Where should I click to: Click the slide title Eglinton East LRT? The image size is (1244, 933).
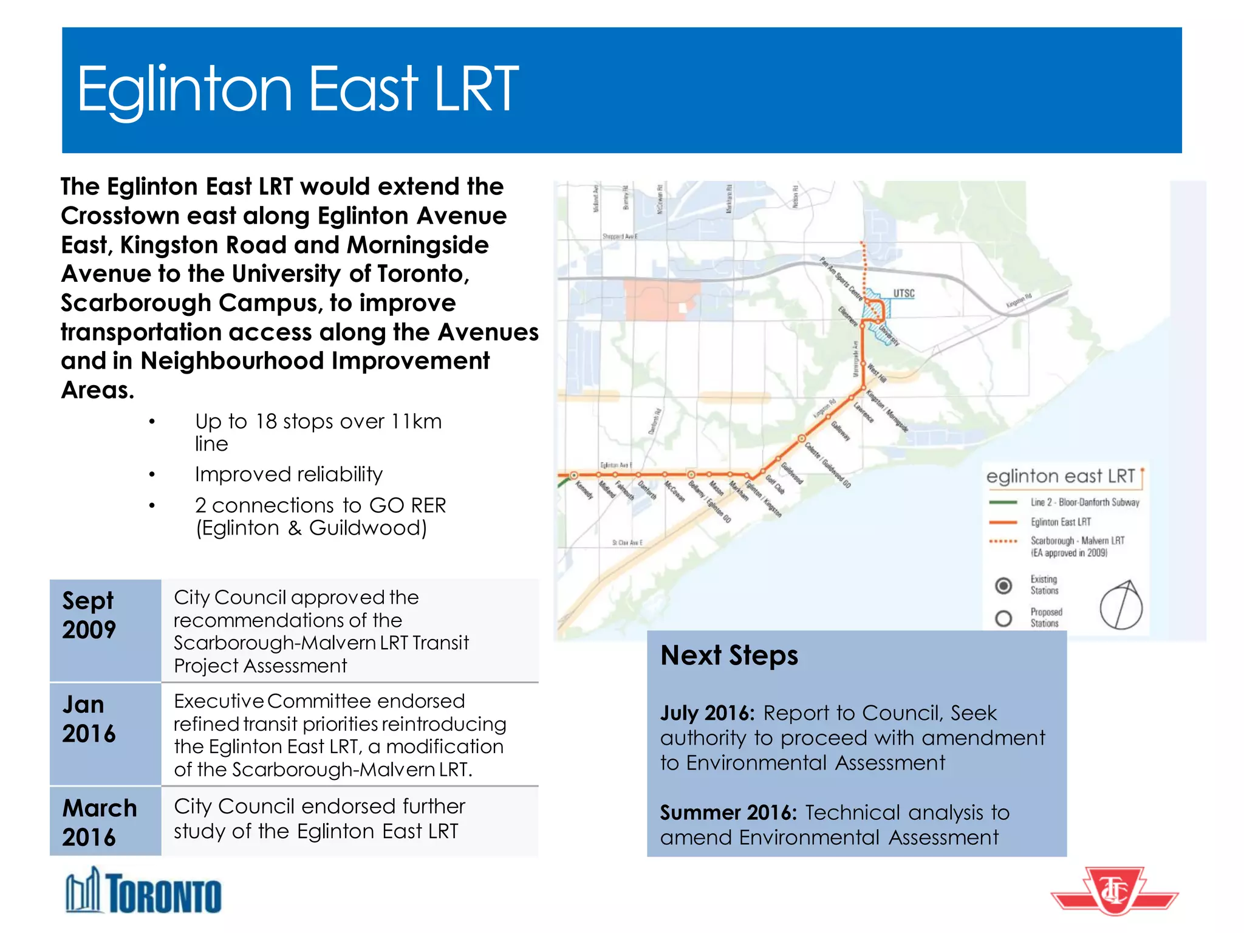click(x=298, y=90)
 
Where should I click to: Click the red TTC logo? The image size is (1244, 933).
click(x=1115, y=890)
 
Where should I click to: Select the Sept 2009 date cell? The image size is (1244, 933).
click(x=105, y=630)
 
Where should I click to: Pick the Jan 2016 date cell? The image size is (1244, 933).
click(x=105, y=734)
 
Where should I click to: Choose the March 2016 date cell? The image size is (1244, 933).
click(x=105, y=821)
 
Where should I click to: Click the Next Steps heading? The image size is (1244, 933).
click(x=729, y=655)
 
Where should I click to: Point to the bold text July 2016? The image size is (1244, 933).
click(x=707, y=713)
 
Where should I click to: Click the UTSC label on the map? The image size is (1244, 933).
click(x=903, y=293)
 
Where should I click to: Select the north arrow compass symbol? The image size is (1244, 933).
click(x=1121, y=605)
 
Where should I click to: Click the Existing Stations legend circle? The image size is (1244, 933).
click(x=1003, y=586)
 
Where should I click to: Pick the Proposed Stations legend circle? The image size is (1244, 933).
click(x=1003, y=618)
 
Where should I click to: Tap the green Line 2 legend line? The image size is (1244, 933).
click(x=1003, y=502)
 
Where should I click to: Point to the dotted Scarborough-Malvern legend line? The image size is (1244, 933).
click(x=1003, y=541)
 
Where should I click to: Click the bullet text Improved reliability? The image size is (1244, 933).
click(x=289, y=474)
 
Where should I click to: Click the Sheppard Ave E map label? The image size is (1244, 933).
click(x=620, y=236)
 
